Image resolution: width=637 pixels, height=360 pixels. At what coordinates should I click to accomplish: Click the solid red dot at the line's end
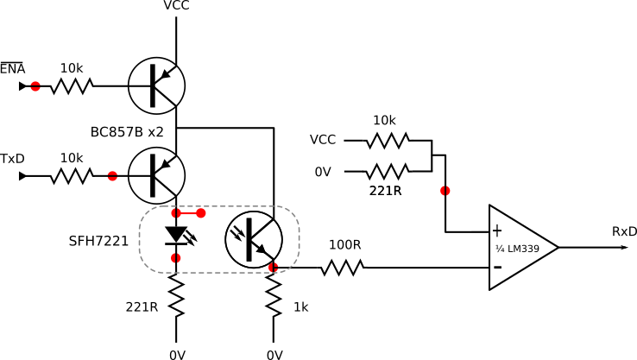point(201,213)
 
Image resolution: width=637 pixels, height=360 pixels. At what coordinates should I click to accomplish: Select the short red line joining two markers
point(188,213)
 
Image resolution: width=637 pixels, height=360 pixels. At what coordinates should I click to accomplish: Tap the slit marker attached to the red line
point(176,213)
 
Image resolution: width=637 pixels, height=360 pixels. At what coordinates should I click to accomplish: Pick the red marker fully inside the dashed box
point(176,258)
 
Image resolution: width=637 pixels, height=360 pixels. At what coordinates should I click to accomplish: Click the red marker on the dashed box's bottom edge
point(274,268)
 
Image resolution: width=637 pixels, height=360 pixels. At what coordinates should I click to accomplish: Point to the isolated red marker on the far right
point(445,191)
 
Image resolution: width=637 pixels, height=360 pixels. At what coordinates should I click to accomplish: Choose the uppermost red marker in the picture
point(35,86)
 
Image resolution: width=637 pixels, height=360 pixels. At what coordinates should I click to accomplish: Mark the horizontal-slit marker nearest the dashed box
point(112,176)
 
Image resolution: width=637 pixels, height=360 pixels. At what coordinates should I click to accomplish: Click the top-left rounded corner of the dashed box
point(146,212)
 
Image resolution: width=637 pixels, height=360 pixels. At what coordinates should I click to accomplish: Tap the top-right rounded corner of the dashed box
point(293,212)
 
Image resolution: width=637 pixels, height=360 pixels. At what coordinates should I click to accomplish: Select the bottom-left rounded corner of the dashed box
point(146,266)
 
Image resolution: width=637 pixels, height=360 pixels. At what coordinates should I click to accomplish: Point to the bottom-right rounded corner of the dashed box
point(293,266)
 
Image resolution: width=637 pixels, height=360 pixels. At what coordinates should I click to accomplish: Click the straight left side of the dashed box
point(139,239)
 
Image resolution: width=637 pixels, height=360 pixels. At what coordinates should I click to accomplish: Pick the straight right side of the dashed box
point(300,239)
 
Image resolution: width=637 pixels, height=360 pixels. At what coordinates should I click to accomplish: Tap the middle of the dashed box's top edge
point(219,206)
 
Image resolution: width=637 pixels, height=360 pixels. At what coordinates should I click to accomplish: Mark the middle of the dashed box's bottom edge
point(219,273)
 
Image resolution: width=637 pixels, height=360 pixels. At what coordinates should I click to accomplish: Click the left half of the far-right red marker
point(443,191)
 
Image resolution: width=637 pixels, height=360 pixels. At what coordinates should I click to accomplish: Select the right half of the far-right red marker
point(448,191)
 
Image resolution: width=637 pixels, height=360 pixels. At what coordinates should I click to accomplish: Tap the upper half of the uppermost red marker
point(35,84)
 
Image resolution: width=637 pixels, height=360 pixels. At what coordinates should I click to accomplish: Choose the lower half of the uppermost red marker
point(35,89)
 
